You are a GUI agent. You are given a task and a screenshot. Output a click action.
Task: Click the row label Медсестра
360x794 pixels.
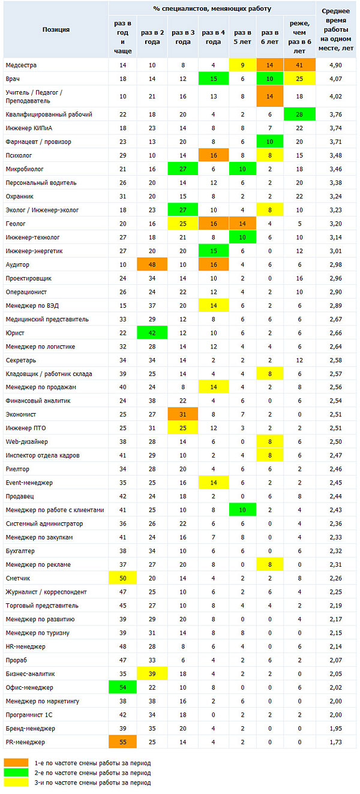pos(21,65)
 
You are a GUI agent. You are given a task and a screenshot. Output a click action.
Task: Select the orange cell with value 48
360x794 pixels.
pos(152,264)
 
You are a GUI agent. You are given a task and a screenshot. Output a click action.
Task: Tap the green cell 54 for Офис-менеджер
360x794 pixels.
pos(123,687)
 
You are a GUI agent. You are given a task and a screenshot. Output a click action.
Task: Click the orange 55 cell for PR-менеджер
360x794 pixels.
pos(123,742)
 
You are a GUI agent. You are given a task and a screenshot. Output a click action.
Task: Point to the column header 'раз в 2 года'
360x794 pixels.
pos(152,37)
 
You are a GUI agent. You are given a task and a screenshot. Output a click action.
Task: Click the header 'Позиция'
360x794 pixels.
pos(56,29)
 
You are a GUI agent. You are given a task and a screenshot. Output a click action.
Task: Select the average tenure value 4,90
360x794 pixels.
pos(335,65)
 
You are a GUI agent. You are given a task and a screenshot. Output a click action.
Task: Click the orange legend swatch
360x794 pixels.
pos(16,763)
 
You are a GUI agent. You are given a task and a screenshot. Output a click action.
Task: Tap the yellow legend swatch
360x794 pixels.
pos(16,782)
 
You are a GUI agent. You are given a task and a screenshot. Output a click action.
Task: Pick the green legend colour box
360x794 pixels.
pos(16,772)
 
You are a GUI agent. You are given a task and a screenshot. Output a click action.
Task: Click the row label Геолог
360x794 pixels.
pos(16,224)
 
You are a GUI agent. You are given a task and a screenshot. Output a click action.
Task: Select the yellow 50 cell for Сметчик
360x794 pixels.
pos(123,578)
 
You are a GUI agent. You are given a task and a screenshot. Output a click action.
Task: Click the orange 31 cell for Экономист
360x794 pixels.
pos(182,414)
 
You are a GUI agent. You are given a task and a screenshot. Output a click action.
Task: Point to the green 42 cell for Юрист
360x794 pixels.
pos(152,333)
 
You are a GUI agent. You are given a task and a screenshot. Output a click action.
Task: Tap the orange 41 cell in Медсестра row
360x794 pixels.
pos(299,65)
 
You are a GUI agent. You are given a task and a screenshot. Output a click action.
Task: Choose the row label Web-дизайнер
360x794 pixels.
pos(26,441)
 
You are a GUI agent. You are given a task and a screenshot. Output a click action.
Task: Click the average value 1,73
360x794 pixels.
pos(335,742)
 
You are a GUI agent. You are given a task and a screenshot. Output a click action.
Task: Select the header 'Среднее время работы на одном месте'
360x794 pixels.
pos(335,29)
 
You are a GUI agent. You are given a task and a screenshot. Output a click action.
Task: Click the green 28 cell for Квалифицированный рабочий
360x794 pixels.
pos(299,115)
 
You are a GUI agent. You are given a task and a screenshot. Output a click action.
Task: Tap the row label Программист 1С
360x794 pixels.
pos(29,715)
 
